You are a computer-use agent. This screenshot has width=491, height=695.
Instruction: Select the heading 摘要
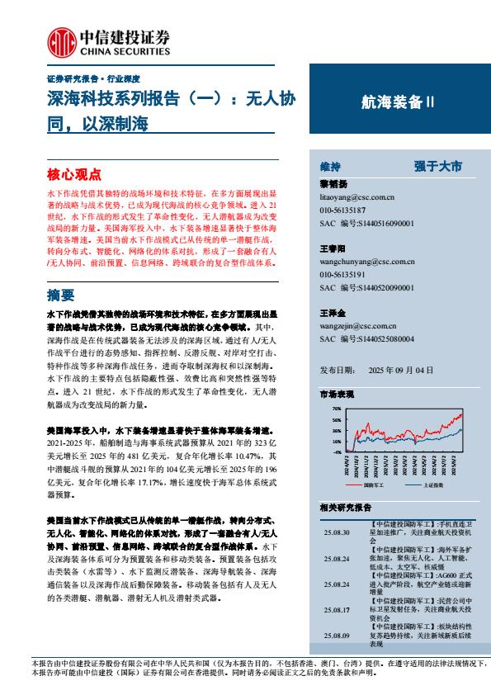pyautogui.click(x=61, y=294)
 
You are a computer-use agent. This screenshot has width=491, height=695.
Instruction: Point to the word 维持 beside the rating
pyautogui.click(x=329, y=166)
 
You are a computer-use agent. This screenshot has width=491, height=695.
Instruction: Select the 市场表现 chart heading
pyautogui.click(x=337, y=395)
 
